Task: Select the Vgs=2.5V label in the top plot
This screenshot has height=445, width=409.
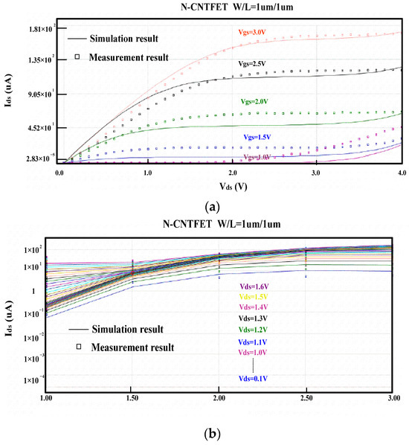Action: point(253,65)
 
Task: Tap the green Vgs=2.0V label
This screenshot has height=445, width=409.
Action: point(254,101)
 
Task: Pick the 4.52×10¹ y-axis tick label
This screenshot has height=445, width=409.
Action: point(34,127)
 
